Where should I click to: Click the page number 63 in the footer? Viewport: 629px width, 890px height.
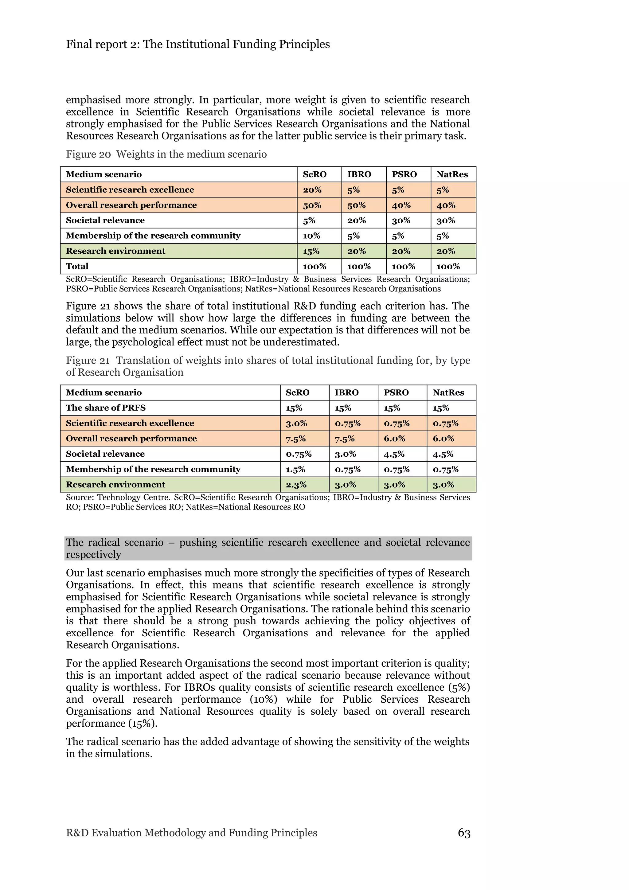pos(464,833)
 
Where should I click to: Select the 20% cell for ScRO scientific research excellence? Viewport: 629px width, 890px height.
pos(312,190)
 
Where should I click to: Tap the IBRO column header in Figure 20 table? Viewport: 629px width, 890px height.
pos(359,174)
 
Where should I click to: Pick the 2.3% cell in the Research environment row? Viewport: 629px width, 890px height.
pos(296,485)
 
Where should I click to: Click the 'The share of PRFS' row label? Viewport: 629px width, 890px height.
pos(106,408)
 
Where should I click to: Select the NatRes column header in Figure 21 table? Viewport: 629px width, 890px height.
pos(448,392)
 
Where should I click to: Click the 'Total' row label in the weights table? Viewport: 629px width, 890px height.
pos(77,266)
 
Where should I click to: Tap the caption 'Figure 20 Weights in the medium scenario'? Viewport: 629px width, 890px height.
pos(166,154)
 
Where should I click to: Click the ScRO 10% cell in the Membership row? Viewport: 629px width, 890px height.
pos(312,236)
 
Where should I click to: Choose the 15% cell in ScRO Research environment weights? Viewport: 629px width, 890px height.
pos(311,251)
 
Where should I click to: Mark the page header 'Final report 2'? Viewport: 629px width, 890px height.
pos(198,44)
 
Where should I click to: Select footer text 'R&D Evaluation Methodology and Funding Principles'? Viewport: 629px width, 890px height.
pos(191,833)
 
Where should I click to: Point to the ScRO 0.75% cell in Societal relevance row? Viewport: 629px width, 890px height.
pos(299,454)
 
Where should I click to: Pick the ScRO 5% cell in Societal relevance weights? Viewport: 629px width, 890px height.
pos(309,221)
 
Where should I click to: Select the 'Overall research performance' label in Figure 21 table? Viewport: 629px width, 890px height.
pos(131,439)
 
